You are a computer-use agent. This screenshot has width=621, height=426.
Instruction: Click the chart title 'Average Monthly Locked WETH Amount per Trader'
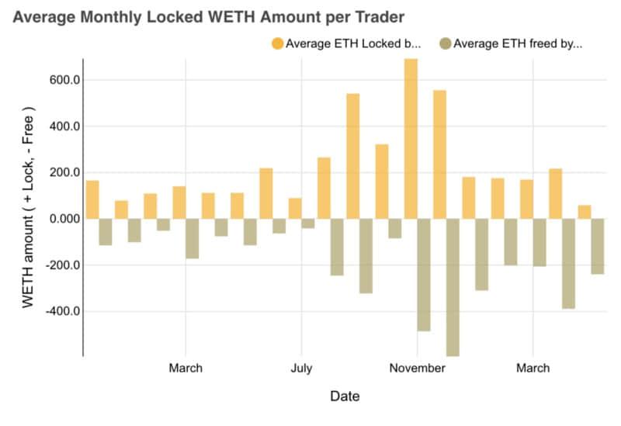[x=208, y=16]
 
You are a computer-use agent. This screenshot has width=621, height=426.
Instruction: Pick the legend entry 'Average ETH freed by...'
[x=518, y=43]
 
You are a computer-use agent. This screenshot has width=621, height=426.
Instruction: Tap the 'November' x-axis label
[x=417, y=368]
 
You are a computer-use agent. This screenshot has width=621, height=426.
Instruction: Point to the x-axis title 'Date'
[x=345, y=397]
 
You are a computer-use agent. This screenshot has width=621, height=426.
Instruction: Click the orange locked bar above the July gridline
[x=295, y=208]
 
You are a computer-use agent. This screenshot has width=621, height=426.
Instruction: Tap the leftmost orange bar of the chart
[x=92, y=199]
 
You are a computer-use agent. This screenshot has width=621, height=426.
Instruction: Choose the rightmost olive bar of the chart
[x=598, y=246]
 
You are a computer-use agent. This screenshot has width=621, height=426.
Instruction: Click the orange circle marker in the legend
[x=277, y=43]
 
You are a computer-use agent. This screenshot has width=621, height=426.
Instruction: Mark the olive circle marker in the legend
[x=445, y=43]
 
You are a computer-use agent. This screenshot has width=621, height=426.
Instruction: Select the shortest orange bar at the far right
[x=585, y=212]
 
